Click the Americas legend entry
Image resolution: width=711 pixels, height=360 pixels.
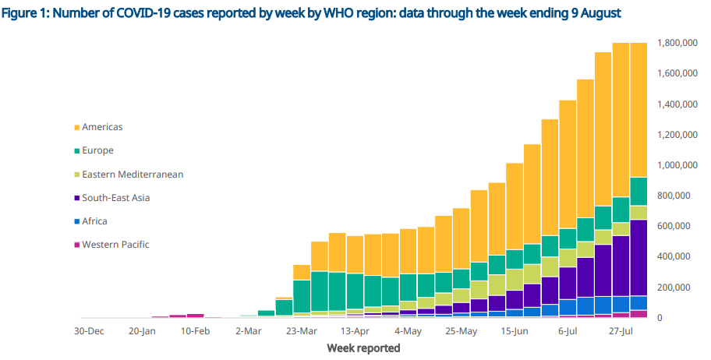tap(102, 127)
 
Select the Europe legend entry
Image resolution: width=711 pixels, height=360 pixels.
tap(97, 150)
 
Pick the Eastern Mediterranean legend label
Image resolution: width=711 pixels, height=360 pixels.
tap(133, 175)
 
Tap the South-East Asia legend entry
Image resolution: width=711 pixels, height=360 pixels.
tap(115, 198)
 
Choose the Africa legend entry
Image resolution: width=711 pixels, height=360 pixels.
tap(94, 221)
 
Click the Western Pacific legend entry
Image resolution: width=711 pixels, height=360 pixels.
tap(115, 245)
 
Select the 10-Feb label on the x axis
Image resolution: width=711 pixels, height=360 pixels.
tap(196, 330)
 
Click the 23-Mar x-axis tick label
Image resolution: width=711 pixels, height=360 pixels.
tap(302, 330)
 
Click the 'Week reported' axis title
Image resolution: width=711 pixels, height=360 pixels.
tap(363, 348)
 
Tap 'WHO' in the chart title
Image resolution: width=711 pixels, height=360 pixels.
tap(349, 14)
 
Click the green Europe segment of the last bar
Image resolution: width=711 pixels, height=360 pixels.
tap(638, 192)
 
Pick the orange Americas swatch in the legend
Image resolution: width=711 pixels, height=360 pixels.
tap(76, 128)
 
